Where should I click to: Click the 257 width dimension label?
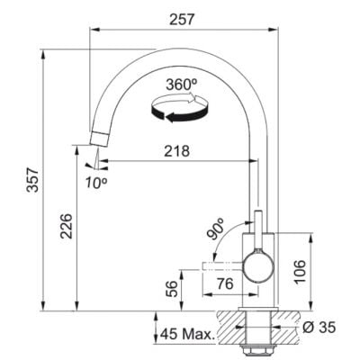182,20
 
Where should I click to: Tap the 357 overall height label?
32,180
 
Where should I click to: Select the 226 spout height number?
67,226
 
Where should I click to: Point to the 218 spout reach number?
177,151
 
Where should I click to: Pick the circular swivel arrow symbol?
179,107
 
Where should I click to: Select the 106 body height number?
299,272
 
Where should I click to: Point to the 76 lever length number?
225,283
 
